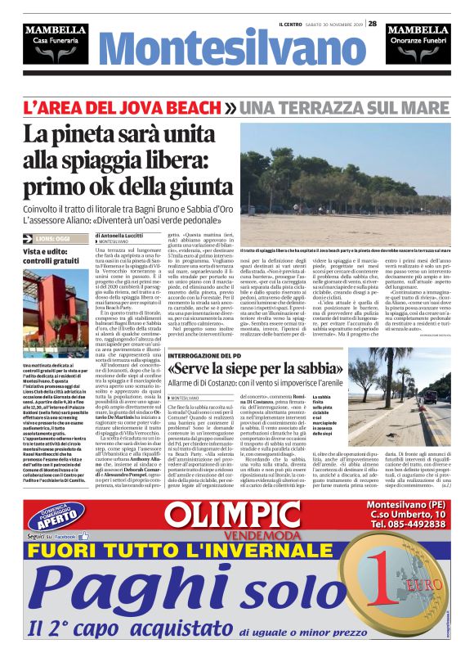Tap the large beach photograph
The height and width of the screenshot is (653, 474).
pos(356,184)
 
